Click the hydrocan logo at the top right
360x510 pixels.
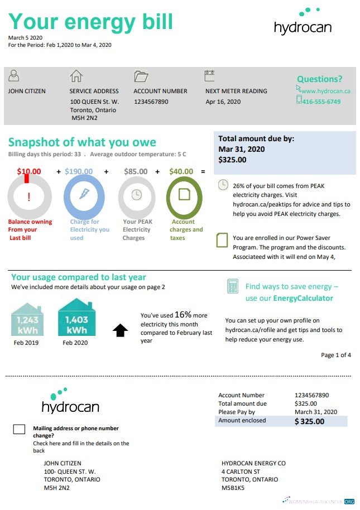302,23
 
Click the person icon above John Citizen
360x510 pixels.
15,76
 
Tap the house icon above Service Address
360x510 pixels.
75,76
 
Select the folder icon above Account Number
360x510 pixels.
141,76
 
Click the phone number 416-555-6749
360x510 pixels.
321,102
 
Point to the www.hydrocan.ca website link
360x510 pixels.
325,91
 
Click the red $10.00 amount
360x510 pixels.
29,172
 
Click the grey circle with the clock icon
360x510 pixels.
136,196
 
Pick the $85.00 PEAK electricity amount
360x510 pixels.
136,172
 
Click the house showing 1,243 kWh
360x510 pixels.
27,320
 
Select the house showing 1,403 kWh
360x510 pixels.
76,317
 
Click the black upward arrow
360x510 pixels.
120,330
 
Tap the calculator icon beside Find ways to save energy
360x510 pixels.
232,287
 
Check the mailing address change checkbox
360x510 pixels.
19,429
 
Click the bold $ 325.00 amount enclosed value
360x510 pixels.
309,421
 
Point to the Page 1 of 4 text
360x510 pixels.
336,355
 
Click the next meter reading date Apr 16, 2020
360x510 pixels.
223,102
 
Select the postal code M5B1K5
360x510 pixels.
233,488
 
